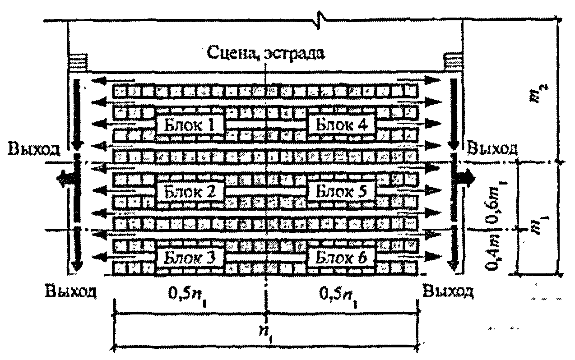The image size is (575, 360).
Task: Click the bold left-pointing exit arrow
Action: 65,179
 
